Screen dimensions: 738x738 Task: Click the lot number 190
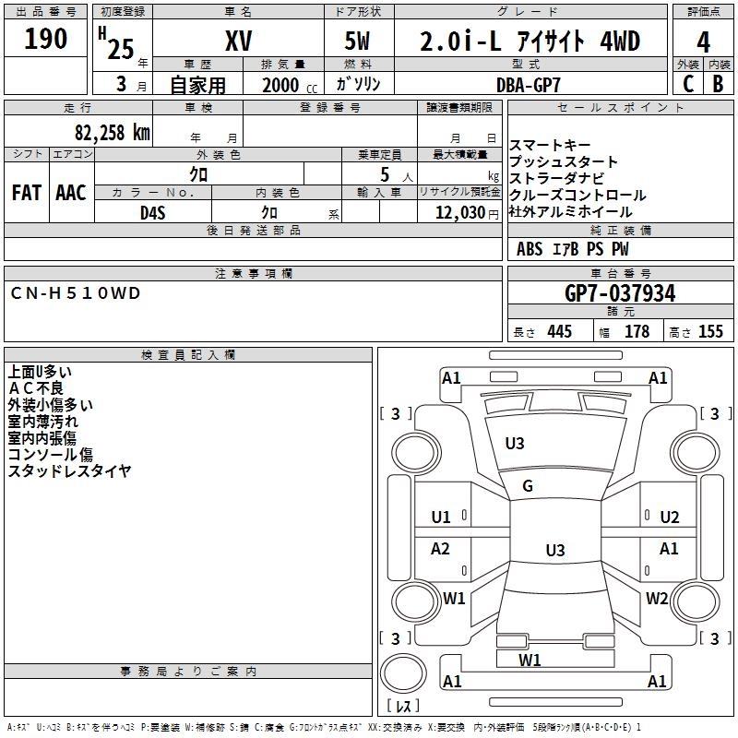[46, 39]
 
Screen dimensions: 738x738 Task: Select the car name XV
[238, 41]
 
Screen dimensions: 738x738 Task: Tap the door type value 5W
[360, 41]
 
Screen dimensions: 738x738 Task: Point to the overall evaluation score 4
[704, 42]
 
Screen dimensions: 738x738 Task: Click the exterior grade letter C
[687, 83]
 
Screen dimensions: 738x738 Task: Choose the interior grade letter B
[718, 83]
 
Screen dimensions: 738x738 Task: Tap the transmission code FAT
[26, 193]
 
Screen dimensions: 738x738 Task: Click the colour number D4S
[152, 212]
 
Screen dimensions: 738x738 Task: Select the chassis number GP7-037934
[620, 293]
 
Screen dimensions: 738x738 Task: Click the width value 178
[637, 332]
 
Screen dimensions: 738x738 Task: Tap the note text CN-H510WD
[76, 292]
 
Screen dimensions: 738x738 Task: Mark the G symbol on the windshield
[528, 486]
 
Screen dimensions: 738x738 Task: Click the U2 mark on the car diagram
[669, 517]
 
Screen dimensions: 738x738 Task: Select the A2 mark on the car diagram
[441, 549]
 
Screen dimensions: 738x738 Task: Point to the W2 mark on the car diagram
[656, 599]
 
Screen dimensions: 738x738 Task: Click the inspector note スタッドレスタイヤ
[69, 470]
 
